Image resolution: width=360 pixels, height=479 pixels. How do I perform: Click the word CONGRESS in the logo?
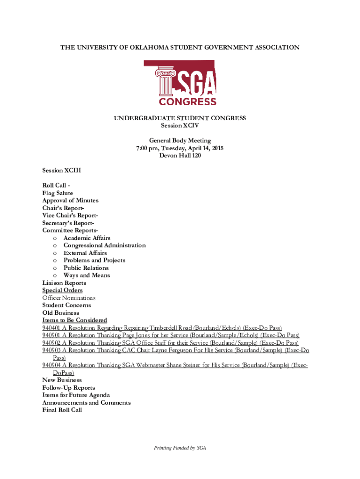(188, 102)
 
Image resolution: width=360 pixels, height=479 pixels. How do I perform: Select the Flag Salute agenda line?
(58, 193)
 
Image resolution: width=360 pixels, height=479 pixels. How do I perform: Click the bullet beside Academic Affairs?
(55, 238)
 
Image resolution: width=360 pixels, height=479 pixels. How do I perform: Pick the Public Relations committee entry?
(86, 268)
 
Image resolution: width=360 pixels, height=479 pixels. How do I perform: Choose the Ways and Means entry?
(86, 275)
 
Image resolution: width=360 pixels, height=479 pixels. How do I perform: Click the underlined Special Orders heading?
(62, 290)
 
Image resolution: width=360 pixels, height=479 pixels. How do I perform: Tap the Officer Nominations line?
(69, 298)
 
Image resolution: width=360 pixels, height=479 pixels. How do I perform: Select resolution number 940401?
(51, 327)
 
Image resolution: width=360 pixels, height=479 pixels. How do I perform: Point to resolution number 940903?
(51, 350)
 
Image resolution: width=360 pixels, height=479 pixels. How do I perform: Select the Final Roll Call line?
(62, 410)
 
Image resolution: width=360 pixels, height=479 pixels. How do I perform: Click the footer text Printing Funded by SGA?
(180, 448)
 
